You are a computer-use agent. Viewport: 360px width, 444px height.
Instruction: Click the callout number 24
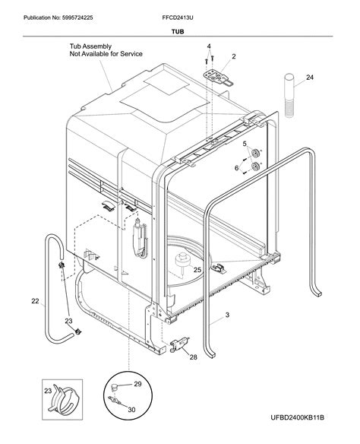pyautogui.click(x=309, y=77)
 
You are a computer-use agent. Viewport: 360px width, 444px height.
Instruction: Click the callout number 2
pyautogui.click(x=234, y=56)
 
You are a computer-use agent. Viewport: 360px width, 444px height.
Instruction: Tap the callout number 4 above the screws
pyautogui.click(x=210, y=47)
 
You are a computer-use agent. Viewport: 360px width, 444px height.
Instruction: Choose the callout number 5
pyautogui.click(x=245, y=144)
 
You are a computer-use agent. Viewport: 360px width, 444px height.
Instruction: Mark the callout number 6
pyautogui.click(x=237, y=167)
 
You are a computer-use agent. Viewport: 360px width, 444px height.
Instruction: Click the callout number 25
pyautogui.click(x=197, y=270)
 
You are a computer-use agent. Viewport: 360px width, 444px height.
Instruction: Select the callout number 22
pyautogui.click(x=35, y=302)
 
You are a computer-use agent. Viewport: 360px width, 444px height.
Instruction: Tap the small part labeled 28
pyautogui.click(x=179, y=344)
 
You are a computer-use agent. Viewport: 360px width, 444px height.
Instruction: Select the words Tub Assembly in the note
pyautogui.click(x=90, y=46)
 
